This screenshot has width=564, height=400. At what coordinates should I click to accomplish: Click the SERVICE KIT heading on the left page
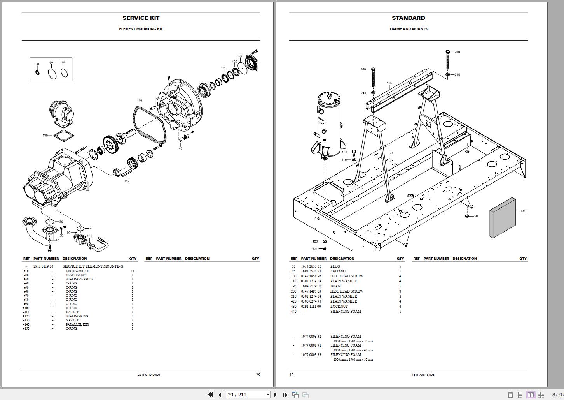(x=141, y=18)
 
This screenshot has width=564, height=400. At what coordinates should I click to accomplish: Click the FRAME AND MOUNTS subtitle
(x=408, y=29)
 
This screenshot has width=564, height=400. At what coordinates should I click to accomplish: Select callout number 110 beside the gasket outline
(x=139, y=101)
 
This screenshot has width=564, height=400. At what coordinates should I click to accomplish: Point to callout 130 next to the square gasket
(x=45, y=136)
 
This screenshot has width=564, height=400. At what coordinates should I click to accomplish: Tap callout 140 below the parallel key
(x=127, y=181)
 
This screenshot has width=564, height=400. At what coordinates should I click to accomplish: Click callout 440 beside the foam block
(x=523, y=211)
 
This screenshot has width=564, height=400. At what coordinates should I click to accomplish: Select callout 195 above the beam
(x=389, y=83)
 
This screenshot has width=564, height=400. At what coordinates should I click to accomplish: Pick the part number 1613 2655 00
(x=311, y=266)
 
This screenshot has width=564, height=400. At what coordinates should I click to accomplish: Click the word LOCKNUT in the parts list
(x=339, y=307)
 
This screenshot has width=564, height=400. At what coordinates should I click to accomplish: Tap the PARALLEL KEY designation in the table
(x=77, y=324)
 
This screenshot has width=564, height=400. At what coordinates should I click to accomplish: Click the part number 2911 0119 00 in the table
(x=43, y=266)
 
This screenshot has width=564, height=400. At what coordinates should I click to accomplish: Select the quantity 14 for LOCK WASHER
(x=133, y=271)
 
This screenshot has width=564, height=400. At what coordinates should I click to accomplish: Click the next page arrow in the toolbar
(x=276, y=395)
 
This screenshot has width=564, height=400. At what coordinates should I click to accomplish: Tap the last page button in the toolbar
(x=285, y=395)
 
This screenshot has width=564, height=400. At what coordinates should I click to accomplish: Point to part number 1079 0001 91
(x=311, y=345)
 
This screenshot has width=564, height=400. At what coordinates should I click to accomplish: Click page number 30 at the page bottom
(x=292, y=375)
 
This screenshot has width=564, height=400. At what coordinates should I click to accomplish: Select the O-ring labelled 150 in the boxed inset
(x=64, y=73)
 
